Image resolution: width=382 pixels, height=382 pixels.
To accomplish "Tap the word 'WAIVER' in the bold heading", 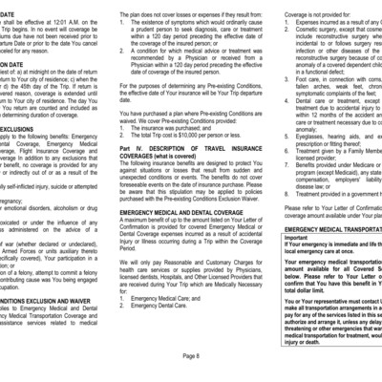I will coord(92,296).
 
